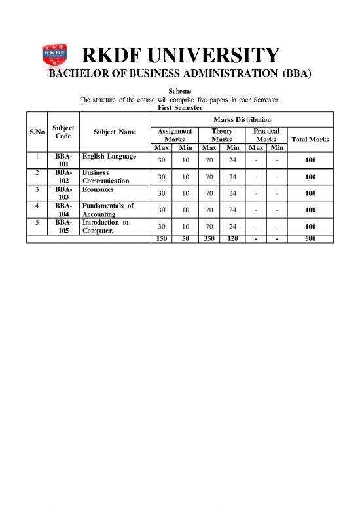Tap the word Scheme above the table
pyautogui.click(x=179, y=91)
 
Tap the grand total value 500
pyautogui.click(x=311, y=238)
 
